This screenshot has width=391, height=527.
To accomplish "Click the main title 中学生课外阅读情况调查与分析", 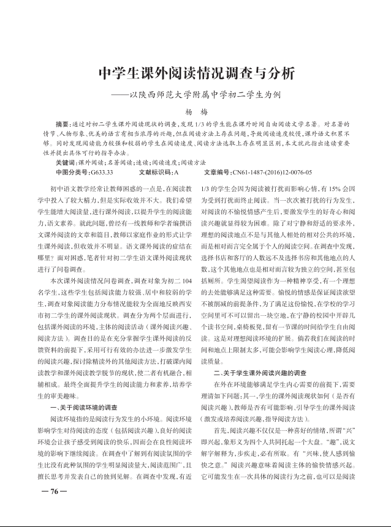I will [196, 73].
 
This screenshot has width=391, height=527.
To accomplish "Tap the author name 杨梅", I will [196, 113].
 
